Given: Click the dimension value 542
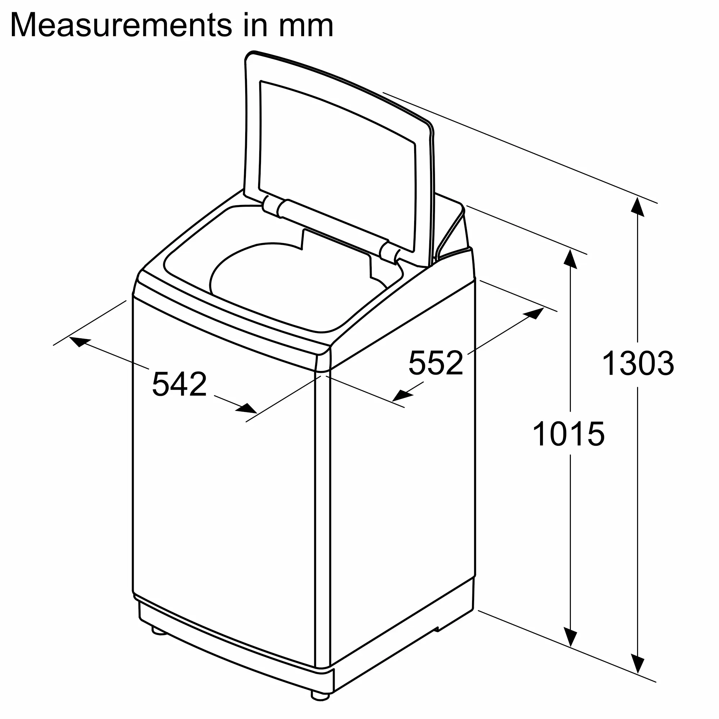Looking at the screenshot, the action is pos(179,384).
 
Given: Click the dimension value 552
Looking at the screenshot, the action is pos(435,362).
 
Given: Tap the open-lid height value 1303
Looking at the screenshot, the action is pos(638,363).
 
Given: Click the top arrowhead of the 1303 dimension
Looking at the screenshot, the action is pos(638,207).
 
